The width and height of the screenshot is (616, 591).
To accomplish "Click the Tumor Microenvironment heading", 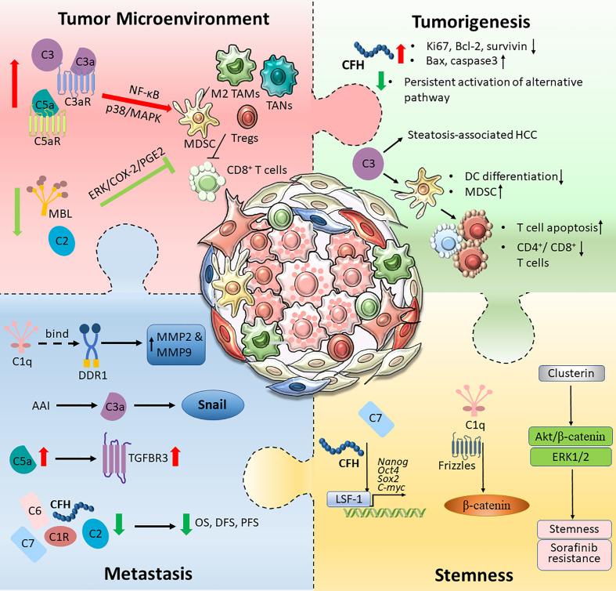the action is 164,19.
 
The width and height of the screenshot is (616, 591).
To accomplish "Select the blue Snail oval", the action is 213,405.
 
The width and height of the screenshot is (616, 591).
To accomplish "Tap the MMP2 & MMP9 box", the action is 176,345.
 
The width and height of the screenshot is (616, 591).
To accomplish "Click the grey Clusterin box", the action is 571,373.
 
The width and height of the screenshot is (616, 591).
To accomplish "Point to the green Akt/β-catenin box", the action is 571,437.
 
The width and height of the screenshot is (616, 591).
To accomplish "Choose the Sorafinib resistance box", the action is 574,553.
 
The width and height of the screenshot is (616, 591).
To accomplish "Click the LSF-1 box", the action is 349,499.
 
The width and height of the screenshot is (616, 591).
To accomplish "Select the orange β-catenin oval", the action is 487,506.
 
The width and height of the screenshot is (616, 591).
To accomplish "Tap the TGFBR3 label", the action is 148,458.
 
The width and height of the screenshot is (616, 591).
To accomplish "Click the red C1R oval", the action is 59,536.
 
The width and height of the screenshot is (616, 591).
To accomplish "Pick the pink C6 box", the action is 35,511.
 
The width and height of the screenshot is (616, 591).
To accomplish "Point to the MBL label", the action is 60,214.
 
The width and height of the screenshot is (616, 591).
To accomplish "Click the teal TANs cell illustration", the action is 279,74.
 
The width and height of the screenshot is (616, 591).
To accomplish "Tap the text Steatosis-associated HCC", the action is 472,135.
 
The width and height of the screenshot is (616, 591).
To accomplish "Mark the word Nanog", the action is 393,462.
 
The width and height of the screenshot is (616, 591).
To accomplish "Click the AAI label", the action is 41,405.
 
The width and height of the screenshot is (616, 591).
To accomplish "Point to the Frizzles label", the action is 457,466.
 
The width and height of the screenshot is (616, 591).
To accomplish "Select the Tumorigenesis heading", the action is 471,22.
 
